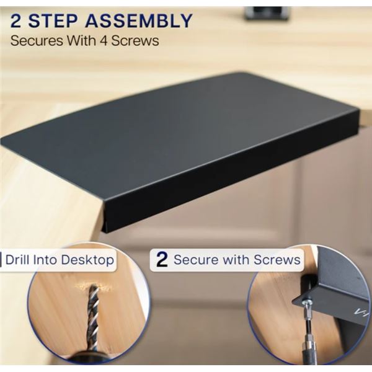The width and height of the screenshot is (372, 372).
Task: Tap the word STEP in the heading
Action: click(x=53, y=21)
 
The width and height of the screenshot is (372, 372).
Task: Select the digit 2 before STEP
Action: click(x=15, y=21)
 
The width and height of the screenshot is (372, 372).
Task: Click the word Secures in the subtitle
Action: click(x=37, y=41)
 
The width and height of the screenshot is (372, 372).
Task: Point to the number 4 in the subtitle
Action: click(x=104, y=41)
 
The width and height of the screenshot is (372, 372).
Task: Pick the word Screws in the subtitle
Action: click(x=135, y=41)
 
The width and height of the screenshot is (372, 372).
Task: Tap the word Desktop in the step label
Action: click(x=87, y=260)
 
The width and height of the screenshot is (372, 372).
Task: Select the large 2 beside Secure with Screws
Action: click(x=162, y=260)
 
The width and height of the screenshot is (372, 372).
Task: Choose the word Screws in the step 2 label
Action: click(x=277, y=260)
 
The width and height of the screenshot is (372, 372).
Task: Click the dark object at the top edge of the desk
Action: click(x=267, y=13)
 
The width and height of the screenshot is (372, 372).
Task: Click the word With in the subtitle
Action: click(x=81, y=41)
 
